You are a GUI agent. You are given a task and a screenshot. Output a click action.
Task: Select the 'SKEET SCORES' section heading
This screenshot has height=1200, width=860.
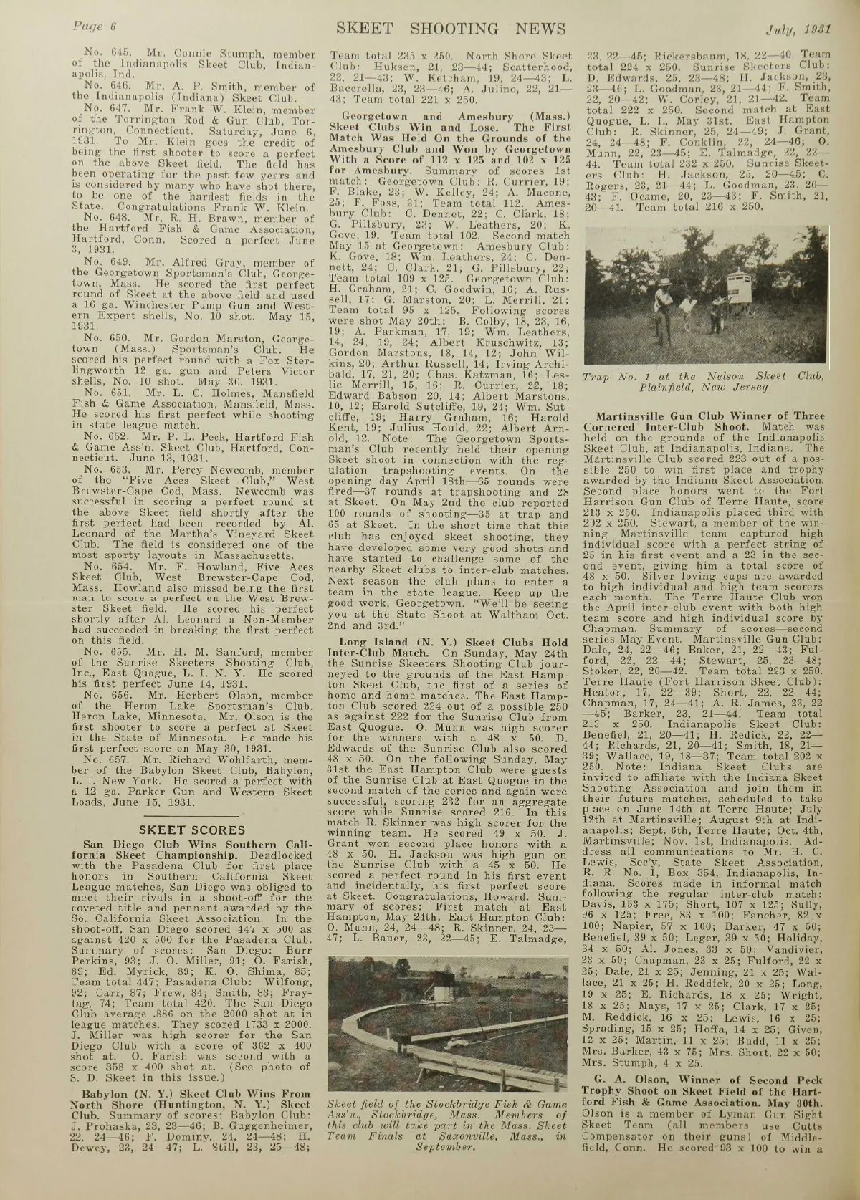(x=195, y=830)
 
